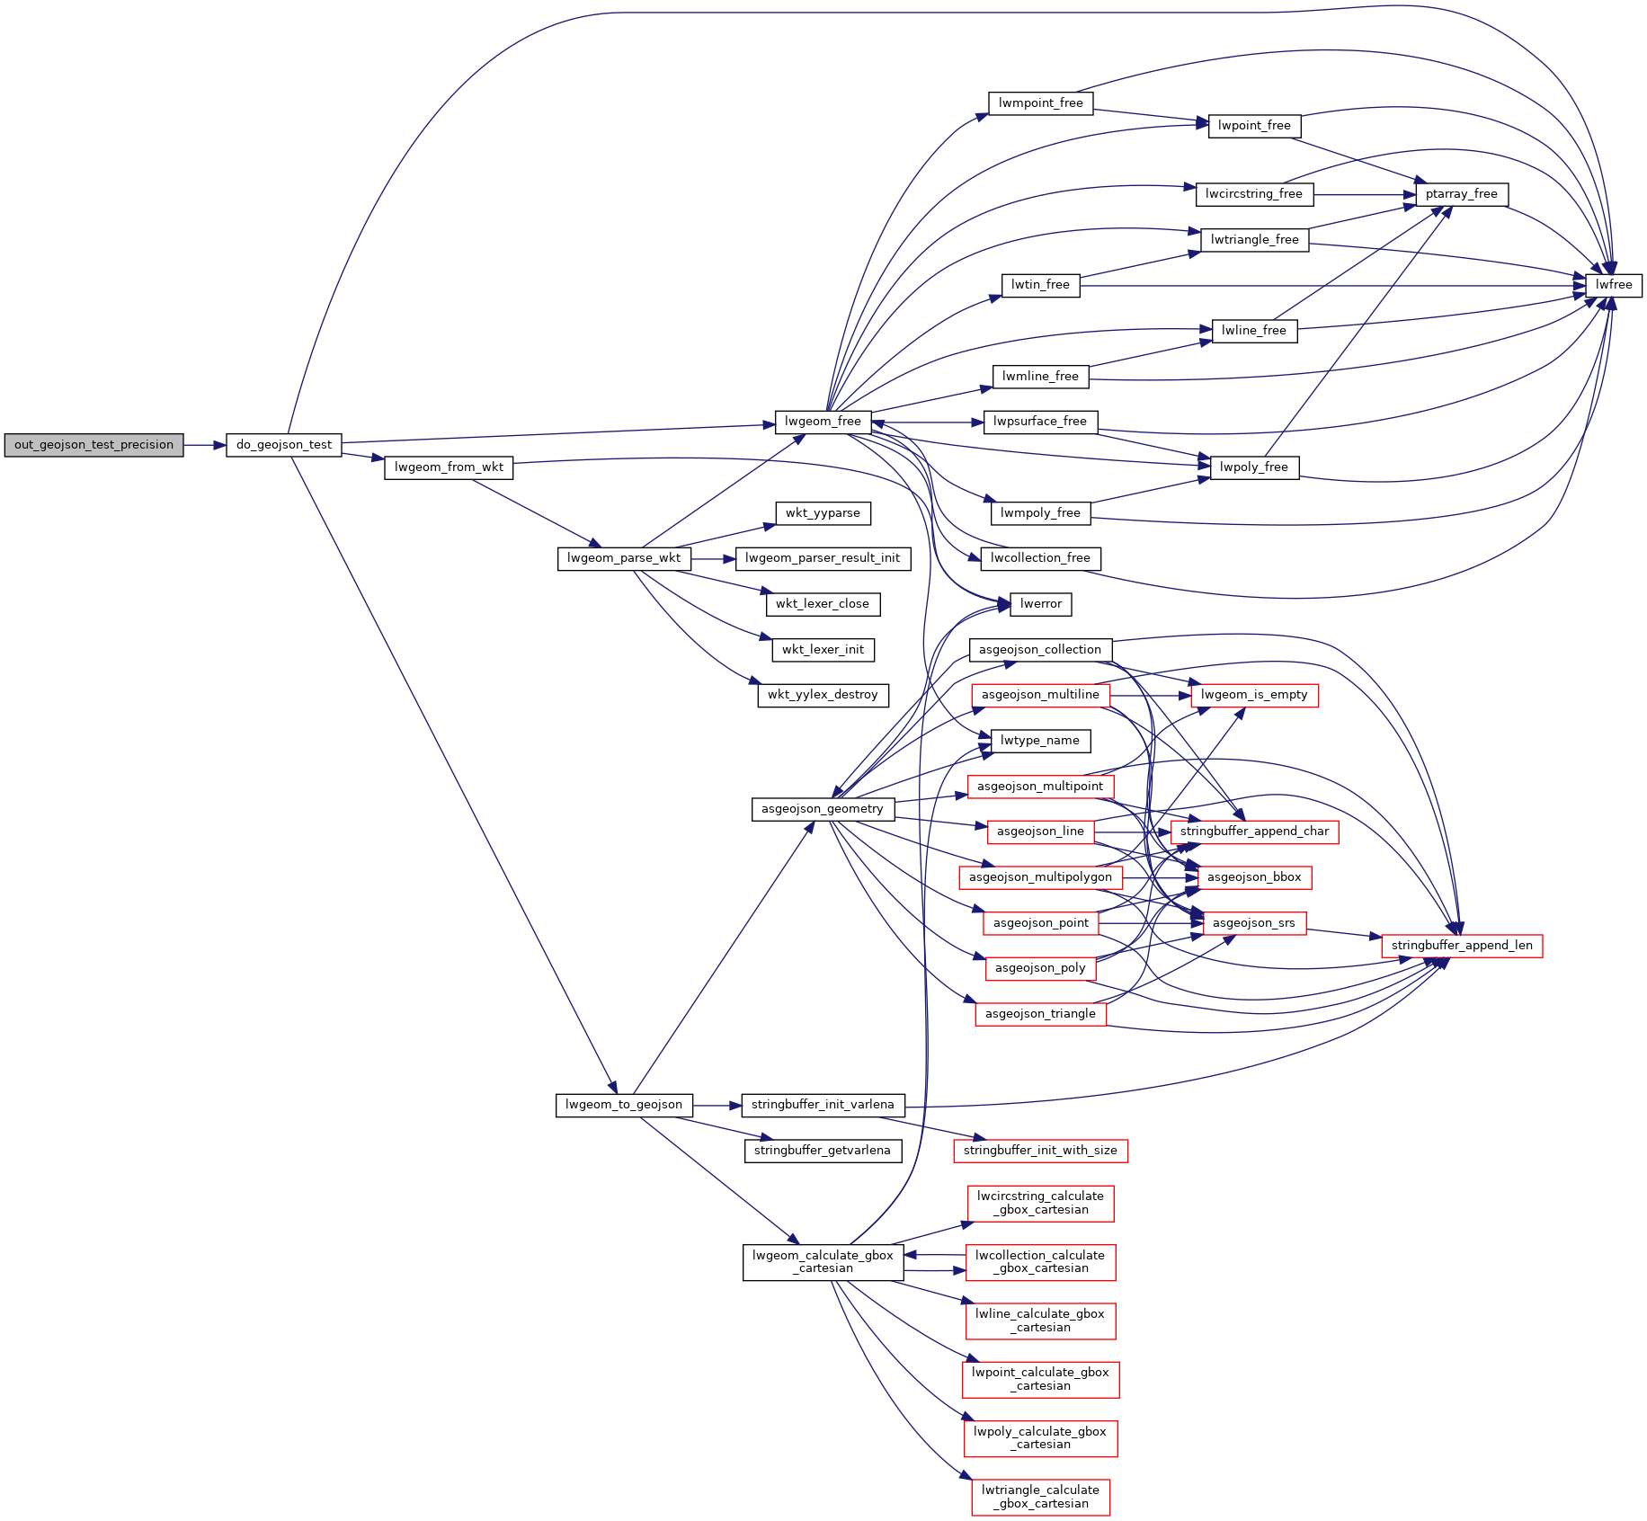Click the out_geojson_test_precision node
93,445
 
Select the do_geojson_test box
284,445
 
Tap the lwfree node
1614,285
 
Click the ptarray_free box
1461,194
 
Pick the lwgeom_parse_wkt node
624,558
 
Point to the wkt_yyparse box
823,513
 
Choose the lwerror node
1041,604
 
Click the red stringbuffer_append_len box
1462,946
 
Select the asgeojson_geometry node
823,809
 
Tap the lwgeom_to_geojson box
624,1105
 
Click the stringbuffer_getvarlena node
823,1151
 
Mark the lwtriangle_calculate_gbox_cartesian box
1040,1497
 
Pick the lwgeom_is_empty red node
1254,695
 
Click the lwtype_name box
1040,741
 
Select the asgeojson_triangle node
1040,1014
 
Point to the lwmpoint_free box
1040,103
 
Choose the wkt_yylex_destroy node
823,695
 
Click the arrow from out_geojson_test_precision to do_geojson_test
204,445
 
